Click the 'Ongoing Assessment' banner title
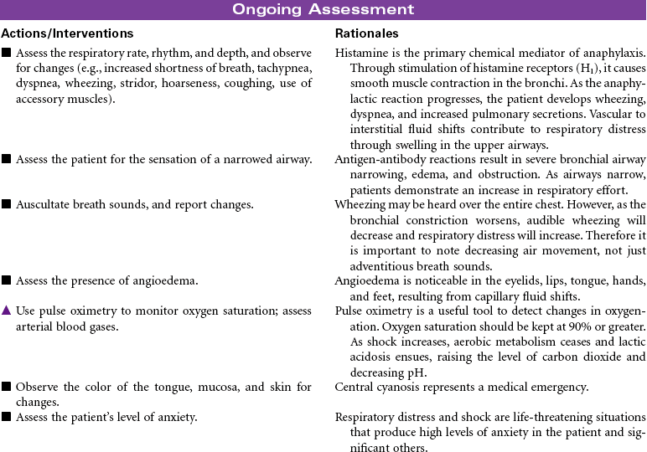pyautogui.click(x=323, y=10)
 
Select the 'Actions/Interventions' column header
pyautogui.click(x=67, y=34)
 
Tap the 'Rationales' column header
pyautogui.click(x=366, y=34)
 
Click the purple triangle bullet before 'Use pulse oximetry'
pyautogui.click(x=6, y=311)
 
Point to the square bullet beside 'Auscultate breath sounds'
pyautogui.click(x=6, y=204)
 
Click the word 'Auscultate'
pyautogui.click(x=43, y=204)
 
